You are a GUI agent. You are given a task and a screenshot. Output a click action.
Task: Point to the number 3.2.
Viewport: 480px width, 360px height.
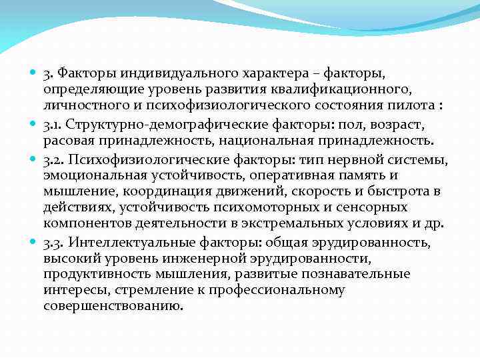coord(53,159)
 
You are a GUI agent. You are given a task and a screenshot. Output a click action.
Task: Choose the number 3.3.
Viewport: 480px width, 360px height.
coord(53,241)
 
